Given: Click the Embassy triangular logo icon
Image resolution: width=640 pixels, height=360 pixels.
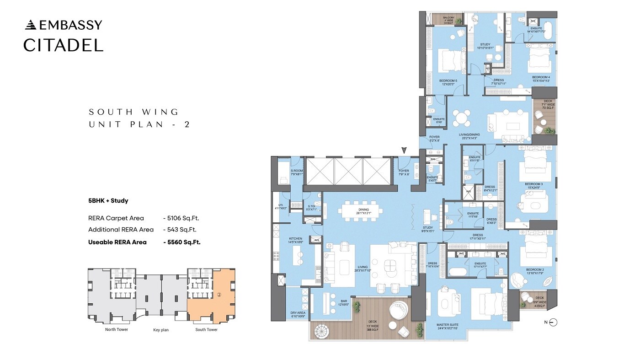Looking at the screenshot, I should pos(30,25).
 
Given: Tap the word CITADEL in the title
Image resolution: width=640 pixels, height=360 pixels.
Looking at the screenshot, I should pos(63,45).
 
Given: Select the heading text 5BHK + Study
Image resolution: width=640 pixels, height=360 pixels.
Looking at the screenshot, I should pos(108,200).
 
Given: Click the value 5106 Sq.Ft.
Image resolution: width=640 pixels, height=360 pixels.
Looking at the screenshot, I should pos(181,218).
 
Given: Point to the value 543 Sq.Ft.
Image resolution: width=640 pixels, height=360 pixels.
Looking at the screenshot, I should pos(181,230).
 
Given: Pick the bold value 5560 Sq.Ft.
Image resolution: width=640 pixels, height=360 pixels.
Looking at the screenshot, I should pos(181,242).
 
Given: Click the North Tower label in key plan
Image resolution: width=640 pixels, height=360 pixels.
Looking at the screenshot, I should pos(117,329).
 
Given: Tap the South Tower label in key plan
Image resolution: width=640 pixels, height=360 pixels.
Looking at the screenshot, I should pos(206,329).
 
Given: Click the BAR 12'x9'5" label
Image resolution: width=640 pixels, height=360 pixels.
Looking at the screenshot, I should pos(343,303).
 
